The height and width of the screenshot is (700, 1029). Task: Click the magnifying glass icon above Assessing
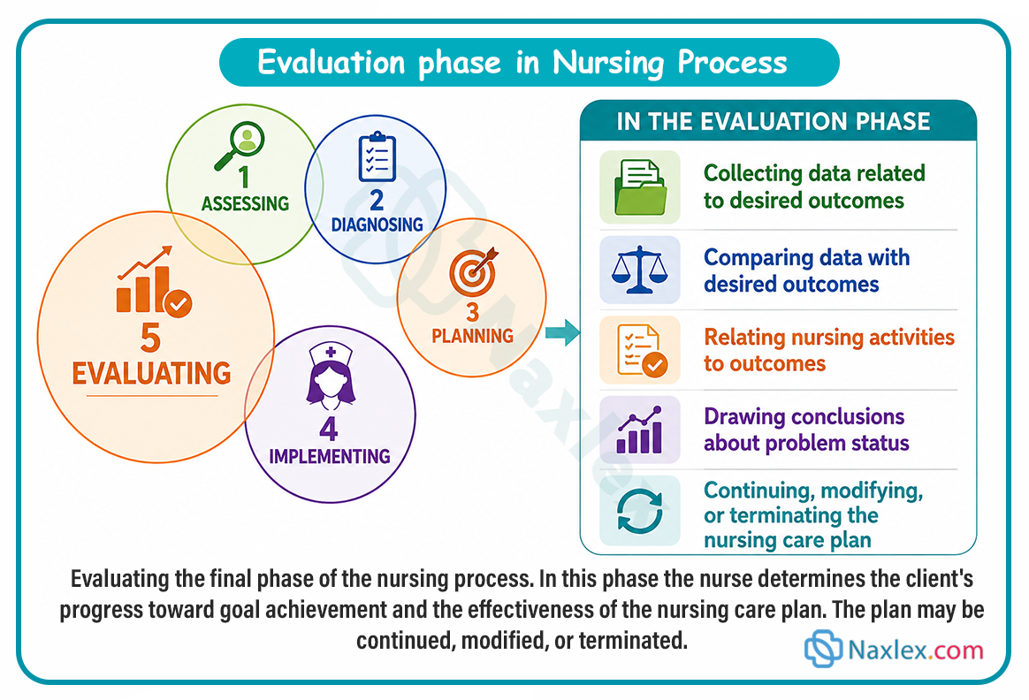click(x=240, y=146)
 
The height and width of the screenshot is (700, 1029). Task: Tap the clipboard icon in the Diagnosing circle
click(x=377, y=156)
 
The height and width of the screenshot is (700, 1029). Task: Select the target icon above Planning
click(x=473, y=271)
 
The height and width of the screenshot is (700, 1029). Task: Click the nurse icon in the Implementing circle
click(x=331, y=375)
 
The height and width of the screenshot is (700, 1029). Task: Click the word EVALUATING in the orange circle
click(x=151, y=373)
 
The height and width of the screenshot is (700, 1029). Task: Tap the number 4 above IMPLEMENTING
click(x=329, y=429)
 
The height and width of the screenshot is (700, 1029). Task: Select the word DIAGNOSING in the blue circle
click(x=377, y=225)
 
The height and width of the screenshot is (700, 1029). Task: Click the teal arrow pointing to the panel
click(x=562, y=332)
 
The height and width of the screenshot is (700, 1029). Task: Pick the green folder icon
click(x=640, y=187)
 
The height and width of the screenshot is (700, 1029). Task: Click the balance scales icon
click(x=639, y=270)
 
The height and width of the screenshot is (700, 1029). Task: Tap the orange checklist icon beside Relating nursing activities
click(x=642, y=350)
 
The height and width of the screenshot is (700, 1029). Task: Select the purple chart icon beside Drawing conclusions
click(x=639, y=430)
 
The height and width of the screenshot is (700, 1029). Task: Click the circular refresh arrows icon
click(x=640, y=511)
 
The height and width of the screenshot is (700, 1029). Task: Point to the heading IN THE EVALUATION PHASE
click(x=774, y=121)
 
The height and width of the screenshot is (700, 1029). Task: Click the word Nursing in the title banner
click(x=608, y=63)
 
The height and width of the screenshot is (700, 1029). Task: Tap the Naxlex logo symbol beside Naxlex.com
click(x=823, y=649)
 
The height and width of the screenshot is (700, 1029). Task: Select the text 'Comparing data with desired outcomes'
click(x=806, y=270)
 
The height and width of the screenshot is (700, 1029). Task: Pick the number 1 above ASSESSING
click(x=244, y=177)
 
